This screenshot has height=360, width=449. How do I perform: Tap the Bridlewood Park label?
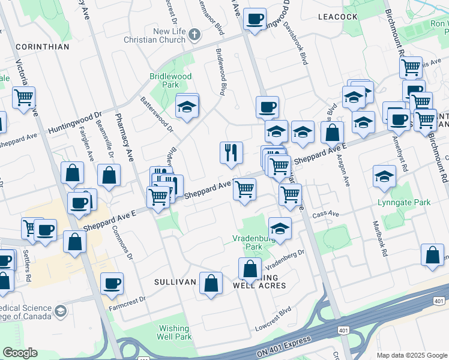[x=171, y=81]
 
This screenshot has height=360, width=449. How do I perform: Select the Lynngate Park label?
[x=404, y=203]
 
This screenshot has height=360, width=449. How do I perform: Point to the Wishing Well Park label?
[x=175, y=332]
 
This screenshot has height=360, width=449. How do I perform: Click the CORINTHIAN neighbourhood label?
[x=42, y=46]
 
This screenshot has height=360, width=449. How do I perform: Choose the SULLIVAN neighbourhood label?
[x=175, y=281]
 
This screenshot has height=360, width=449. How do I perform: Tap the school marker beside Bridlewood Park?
[x=187, y=107]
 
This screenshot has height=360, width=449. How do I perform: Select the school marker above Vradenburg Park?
[x=280, y=229]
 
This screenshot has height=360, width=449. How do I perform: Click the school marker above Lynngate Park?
[x=384, y=176]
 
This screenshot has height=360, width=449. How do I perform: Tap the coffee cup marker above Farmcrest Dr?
[x=112, y=283]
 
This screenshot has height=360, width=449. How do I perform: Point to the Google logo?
[x=20, y=353]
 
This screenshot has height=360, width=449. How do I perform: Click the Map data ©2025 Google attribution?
[x=411, y=355]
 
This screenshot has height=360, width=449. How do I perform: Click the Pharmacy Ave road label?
[x=124, y=137]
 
